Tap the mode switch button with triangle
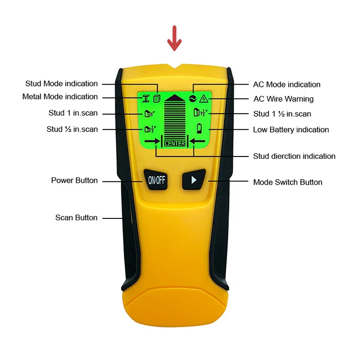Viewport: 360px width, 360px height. [194, 180]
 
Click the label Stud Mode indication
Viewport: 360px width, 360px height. [61, 84]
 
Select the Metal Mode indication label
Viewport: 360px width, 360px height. [60, 97]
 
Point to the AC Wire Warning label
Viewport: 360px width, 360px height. [283, 99]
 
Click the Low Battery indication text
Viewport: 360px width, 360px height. [291, 130]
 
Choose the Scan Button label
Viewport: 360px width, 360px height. [76, 218]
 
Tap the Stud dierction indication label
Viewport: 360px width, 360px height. [294, 156]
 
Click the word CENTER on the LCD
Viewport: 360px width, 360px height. [175, 143]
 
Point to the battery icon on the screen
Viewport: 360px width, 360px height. [200, 128]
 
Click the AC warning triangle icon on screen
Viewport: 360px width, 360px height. [204, 99]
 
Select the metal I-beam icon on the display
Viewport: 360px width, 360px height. [145, 99]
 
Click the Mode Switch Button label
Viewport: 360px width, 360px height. [288, 182]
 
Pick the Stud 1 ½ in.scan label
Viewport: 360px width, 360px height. [282, 114]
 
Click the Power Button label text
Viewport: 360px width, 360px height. [74, 180]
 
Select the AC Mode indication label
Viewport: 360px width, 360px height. [287, 84]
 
